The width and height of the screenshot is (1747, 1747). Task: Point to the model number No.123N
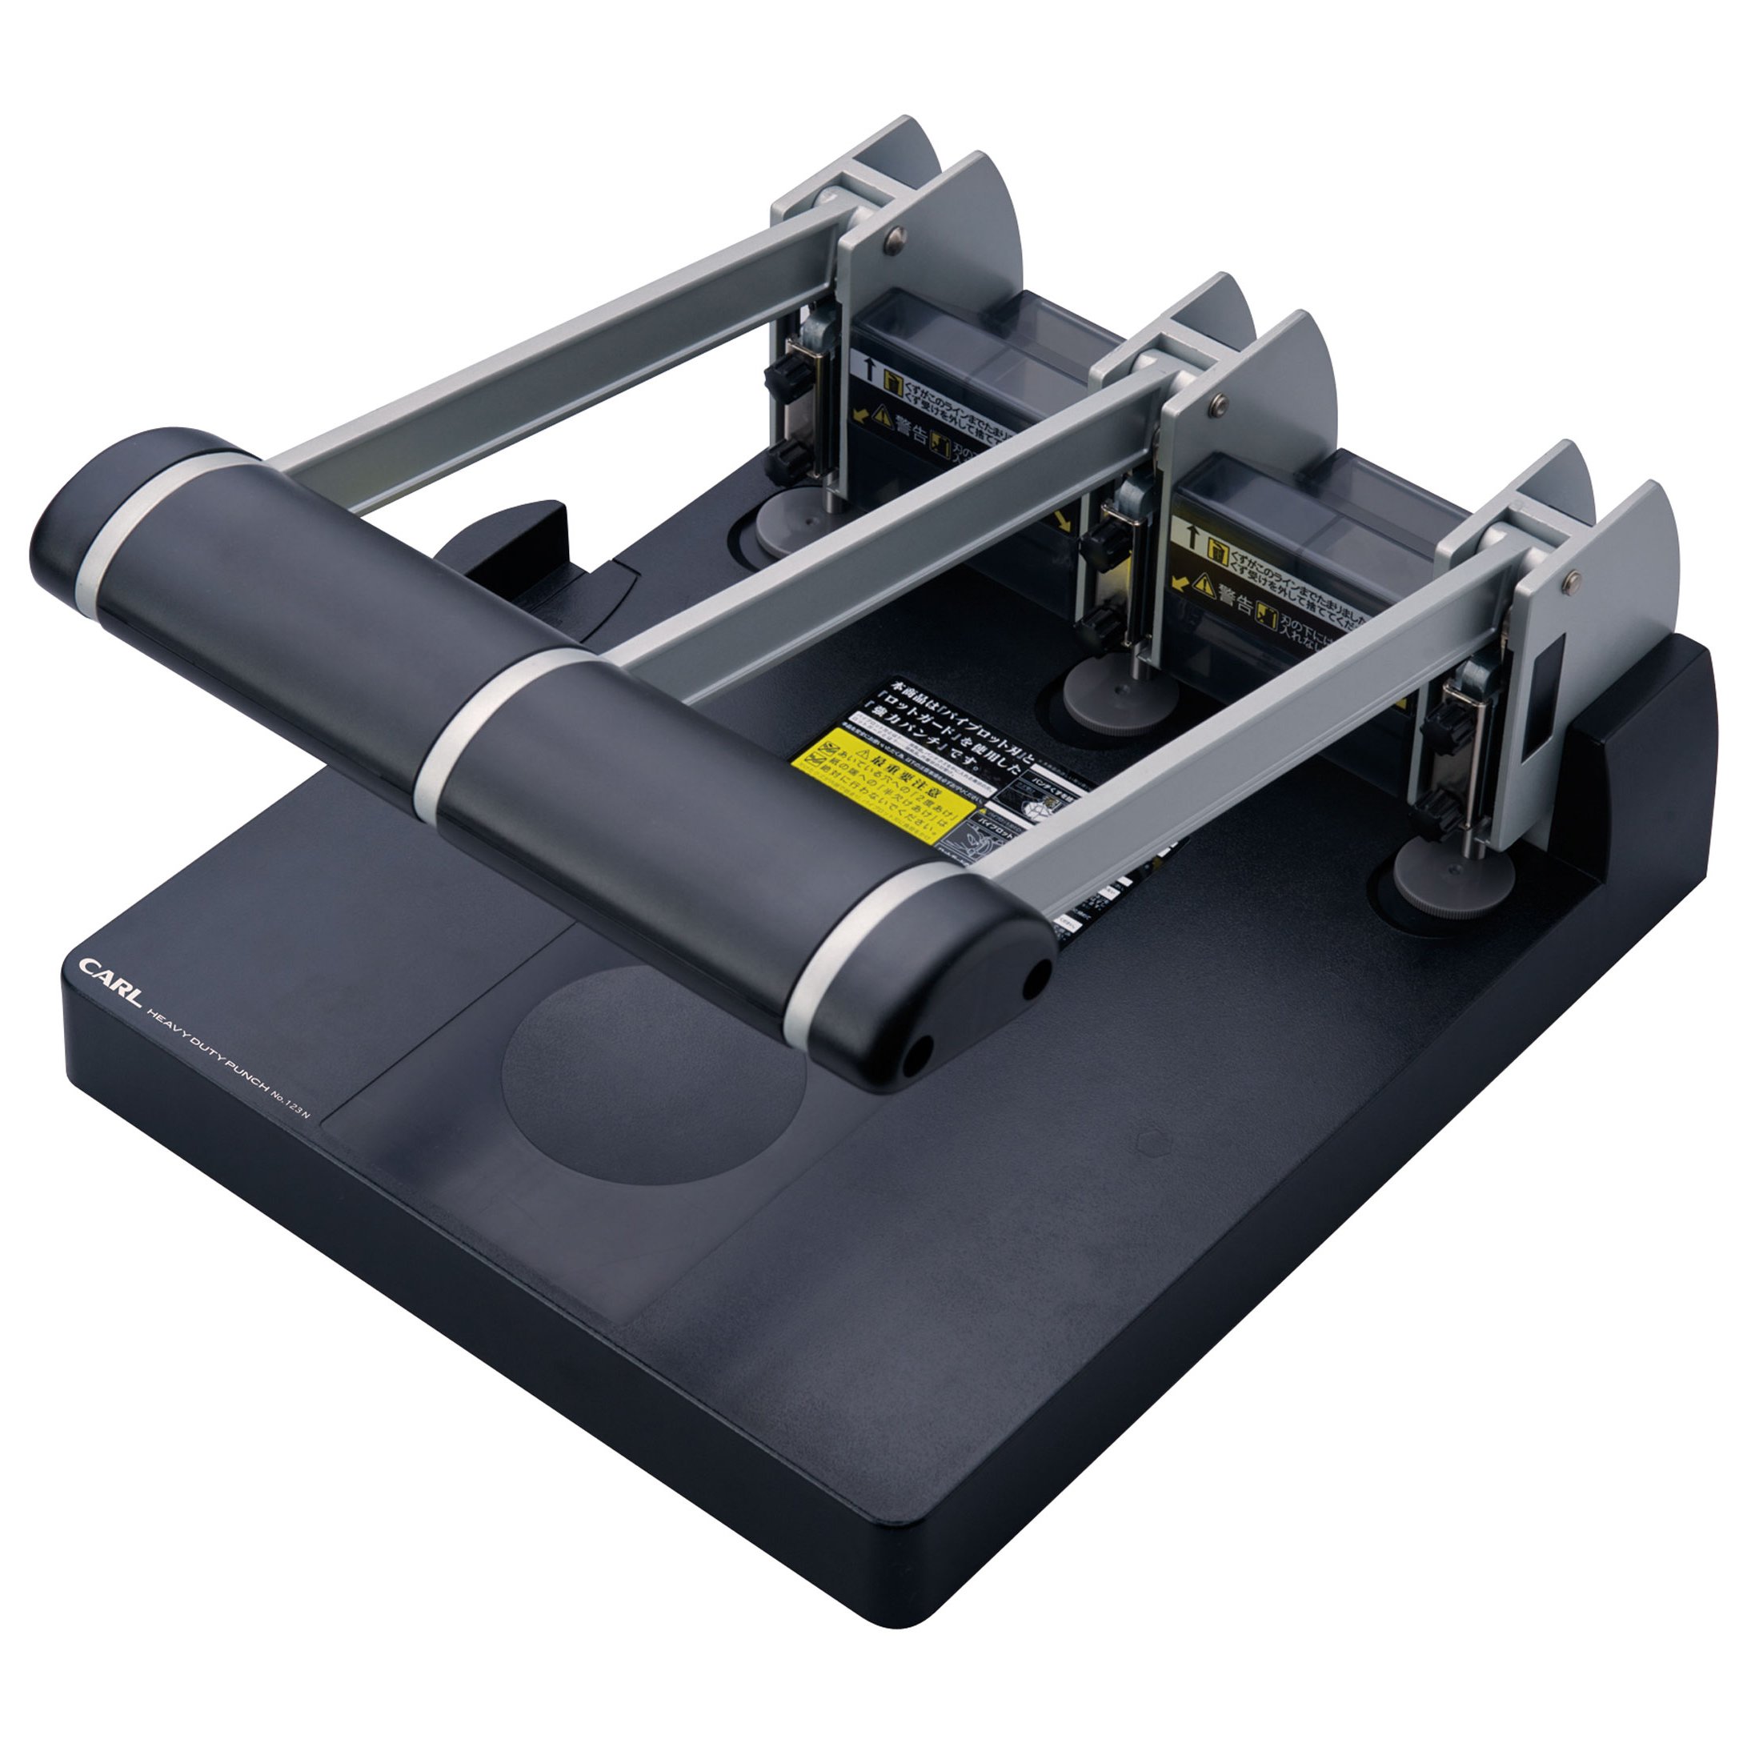[290, 1104]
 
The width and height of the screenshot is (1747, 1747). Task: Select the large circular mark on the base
[653, 1075]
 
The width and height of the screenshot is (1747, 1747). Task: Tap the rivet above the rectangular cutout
[1571, 577]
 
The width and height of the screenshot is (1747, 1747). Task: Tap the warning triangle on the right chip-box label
[1204, 585]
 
